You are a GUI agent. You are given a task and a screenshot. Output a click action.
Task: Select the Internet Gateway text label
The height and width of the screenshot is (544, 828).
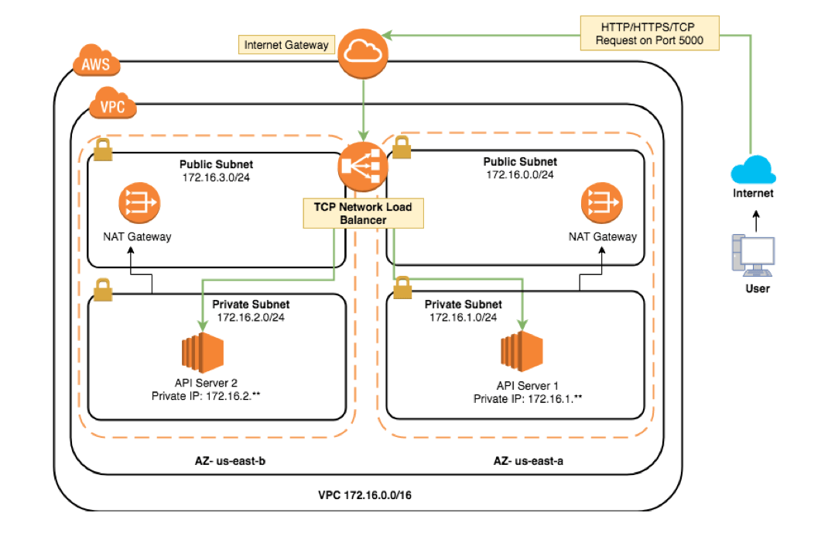286,45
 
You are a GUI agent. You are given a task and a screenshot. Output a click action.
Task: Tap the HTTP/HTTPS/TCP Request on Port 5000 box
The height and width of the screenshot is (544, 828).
649,33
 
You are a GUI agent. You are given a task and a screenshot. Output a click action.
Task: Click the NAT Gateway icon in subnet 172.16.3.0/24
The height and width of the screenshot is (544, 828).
139,204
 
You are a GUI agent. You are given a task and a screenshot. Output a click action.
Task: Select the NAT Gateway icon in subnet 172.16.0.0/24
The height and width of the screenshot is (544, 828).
602,204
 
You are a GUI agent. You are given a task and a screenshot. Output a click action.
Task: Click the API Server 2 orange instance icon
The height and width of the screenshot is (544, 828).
203,352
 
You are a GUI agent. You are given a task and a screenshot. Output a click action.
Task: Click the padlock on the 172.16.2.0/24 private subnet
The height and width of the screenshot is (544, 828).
103,291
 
